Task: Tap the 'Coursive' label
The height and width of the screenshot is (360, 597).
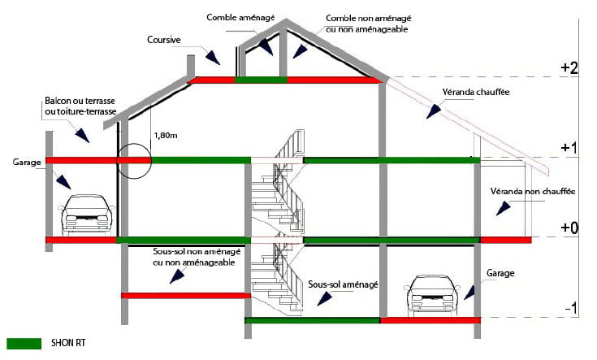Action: [x=164, y=38]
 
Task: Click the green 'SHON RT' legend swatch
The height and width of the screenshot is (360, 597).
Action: [x=24, y=343]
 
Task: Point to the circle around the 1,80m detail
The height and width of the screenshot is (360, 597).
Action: [x=133, y=160]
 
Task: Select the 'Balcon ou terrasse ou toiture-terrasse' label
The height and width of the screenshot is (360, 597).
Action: [x=79, y=106]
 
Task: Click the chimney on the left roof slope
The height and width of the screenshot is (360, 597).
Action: [x=192, y=64]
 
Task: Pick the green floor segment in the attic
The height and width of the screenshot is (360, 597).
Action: [x=261, y=80]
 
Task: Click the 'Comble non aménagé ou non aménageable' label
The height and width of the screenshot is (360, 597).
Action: [x=366, y=23]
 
